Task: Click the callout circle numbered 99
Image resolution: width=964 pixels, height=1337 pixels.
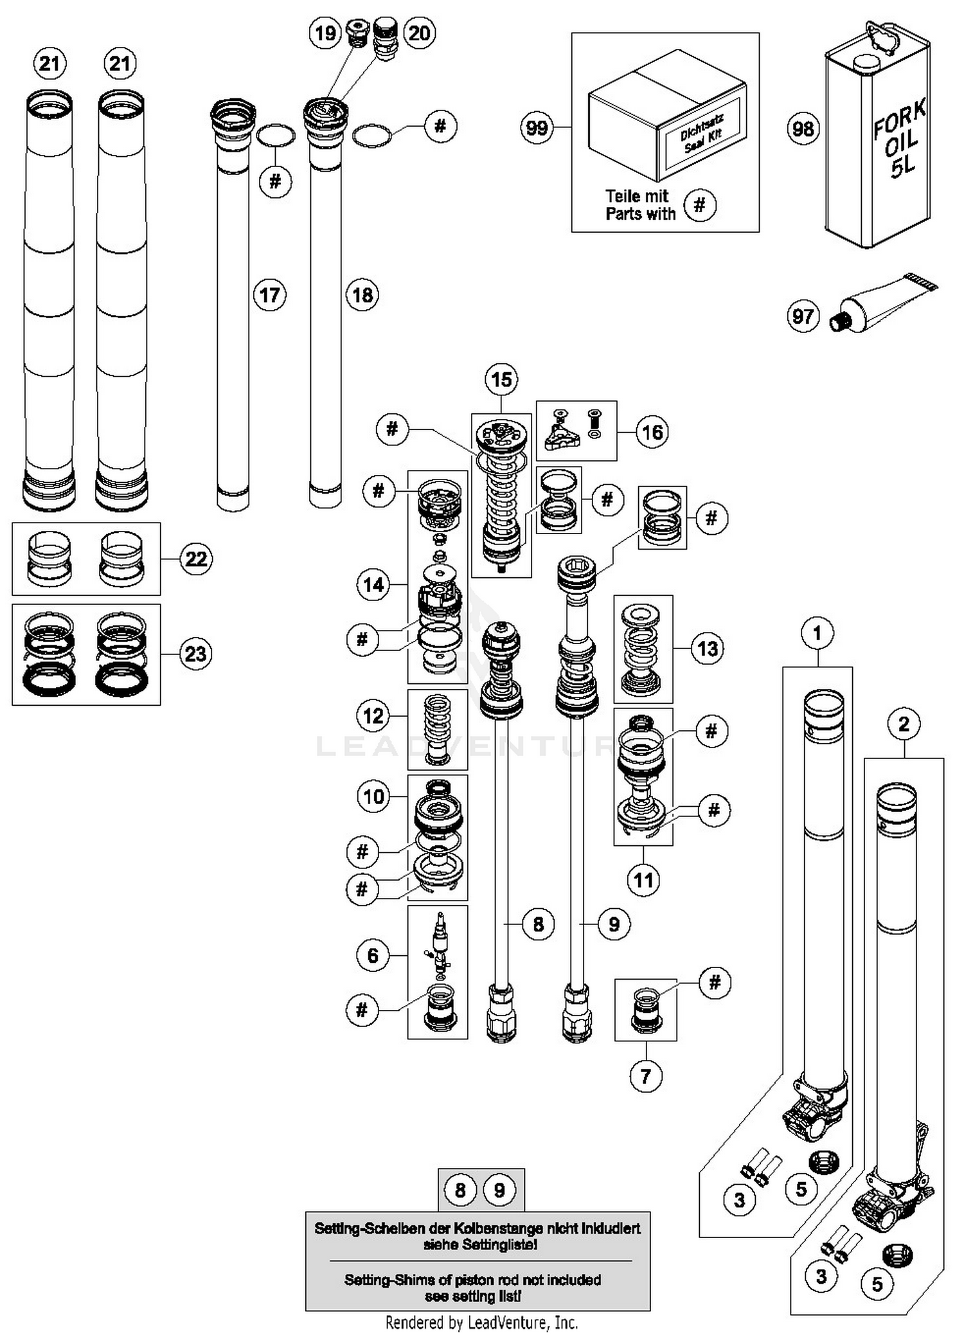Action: point(537,128)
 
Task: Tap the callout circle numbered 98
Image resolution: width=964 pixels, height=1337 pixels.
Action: point(803,129)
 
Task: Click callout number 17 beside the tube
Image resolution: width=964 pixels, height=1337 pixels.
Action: point(270,295)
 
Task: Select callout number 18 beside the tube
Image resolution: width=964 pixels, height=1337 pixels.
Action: point(362,295)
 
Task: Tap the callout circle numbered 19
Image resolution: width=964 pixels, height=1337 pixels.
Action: point(325,33)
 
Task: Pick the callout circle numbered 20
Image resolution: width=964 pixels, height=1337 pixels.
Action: point(419,33)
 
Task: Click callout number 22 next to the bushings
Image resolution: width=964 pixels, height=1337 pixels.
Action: point(196,559)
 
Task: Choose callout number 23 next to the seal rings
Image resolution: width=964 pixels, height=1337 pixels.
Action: point(196,654)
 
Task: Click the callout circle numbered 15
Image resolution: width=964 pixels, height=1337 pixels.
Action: point(501,379)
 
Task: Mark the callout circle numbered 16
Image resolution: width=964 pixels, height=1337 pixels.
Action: point(652,432)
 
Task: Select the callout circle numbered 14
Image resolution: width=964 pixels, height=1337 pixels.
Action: point(373,584)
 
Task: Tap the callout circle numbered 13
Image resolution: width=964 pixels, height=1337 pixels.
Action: point(708,649)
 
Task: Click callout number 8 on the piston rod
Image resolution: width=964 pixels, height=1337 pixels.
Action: point(538,924)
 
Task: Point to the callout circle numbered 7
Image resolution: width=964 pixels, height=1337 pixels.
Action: point(646,1075)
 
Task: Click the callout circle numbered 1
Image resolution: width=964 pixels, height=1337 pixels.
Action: point(817,633)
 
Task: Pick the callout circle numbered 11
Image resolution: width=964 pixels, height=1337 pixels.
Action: point(643,879)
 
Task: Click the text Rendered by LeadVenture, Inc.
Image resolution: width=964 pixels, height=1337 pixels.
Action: point(481,1323)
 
